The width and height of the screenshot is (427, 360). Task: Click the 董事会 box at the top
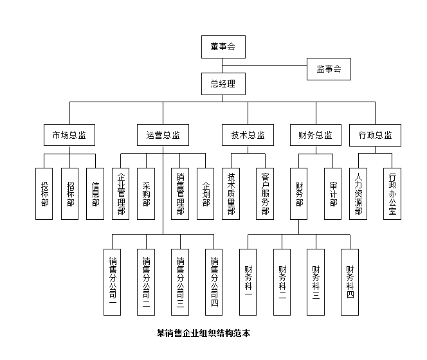point(223,47)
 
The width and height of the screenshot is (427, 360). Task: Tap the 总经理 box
point(223,84)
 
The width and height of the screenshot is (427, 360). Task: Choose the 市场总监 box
point(69,135)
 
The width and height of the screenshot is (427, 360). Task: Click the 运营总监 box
point(163,135)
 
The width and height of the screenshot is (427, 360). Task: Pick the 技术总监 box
point(248,135)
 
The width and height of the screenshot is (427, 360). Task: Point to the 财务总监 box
point(315,135)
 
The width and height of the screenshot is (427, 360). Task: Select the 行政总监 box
point(375,135)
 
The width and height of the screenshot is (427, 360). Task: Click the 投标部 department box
point(44,194)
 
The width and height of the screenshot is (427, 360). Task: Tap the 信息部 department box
point(95,194)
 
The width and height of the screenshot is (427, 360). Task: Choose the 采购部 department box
point(147,194)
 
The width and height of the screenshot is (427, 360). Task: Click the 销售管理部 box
point(180,194)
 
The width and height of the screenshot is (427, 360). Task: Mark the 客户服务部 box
point(265,194)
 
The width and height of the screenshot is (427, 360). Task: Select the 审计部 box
point(332,194)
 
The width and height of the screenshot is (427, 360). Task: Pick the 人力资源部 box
point(358,194)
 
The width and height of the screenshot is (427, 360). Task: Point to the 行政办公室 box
point(392,194)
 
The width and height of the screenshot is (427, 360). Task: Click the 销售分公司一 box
point(113,282)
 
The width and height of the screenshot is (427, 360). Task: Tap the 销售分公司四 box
point(214,282)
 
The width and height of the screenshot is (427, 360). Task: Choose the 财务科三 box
point(316,282)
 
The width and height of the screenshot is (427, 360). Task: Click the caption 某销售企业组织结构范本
point(203,333)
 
